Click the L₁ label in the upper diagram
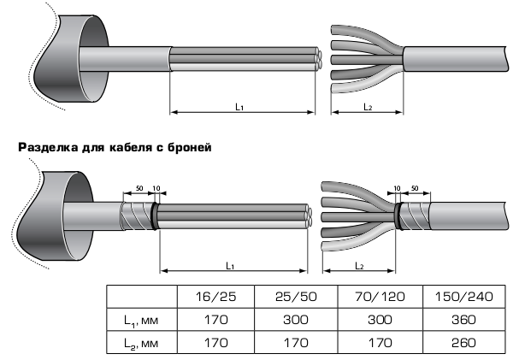pyautogui.click(x=239, y=107)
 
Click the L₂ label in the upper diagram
pyautogui.click(x=368, y=107)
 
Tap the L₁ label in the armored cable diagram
pyautogui.click(x=230, y=266)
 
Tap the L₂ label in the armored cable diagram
pyautogui.click(x=359, y=266)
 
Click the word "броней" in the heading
pyautogui.click(x=189, y=147)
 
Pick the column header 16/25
pyautogui.click(x=215, y=297)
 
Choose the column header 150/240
pyautogui.click(x=463, y=297)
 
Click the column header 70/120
pyautogui.click(x=380, y=297)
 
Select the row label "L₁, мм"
pyautogui.click(x=141, y=321)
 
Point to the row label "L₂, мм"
pyautogui.click(x=141, y=343)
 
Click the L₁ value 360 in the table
pyautogui.click(x=463, y=320)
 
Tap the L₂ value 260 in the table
pyautogui.click(x=463, y=342)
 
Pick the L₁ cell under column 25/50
pyautogui.click(x=296, y=320)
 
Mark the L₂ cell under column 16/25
pyautogui.click(x=215, y=342)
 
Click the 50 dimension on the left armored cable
pyautogui.click(x=139, y=188)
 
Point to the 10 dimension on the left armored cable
pyautogui.click(x=156, y=188)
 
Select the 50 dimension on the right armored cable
pyautogui.click(x=415, y=188)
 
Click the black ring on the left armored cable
pyautogui.click(x=155, y=216)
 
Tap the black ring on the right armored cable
pyautogui.click(x=398, y=216)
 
